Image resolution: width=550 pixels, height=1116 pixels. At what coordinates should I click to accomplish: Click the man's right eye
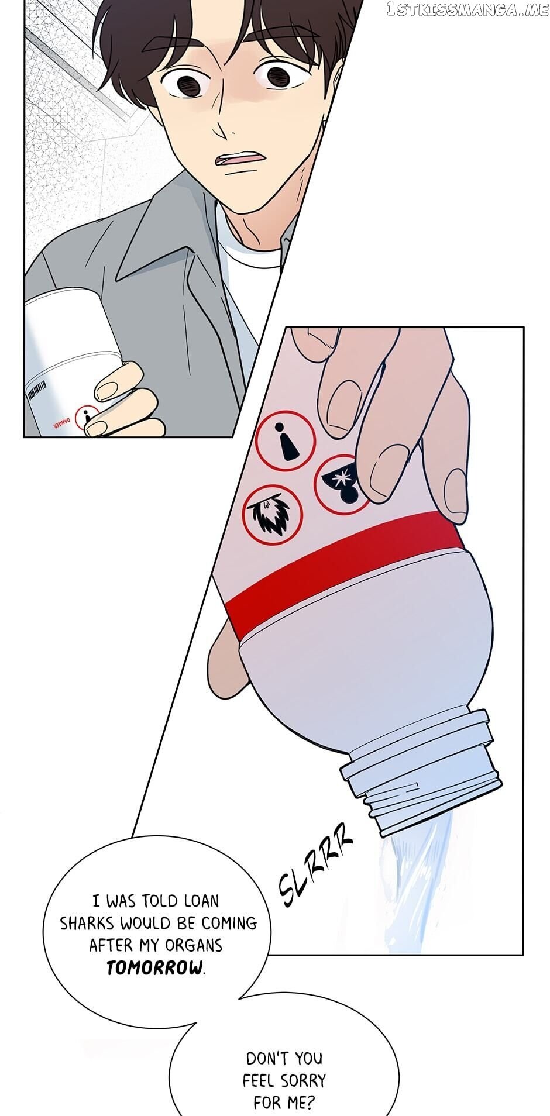[x=188, y=82]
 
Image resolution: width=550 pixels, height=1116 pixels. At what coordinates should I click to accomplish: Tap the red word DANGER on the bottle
[x=61, y=422]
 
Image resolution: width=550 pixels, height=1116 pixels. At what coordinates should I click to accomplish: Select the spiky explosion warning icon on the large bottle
[x=272, y=515]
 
